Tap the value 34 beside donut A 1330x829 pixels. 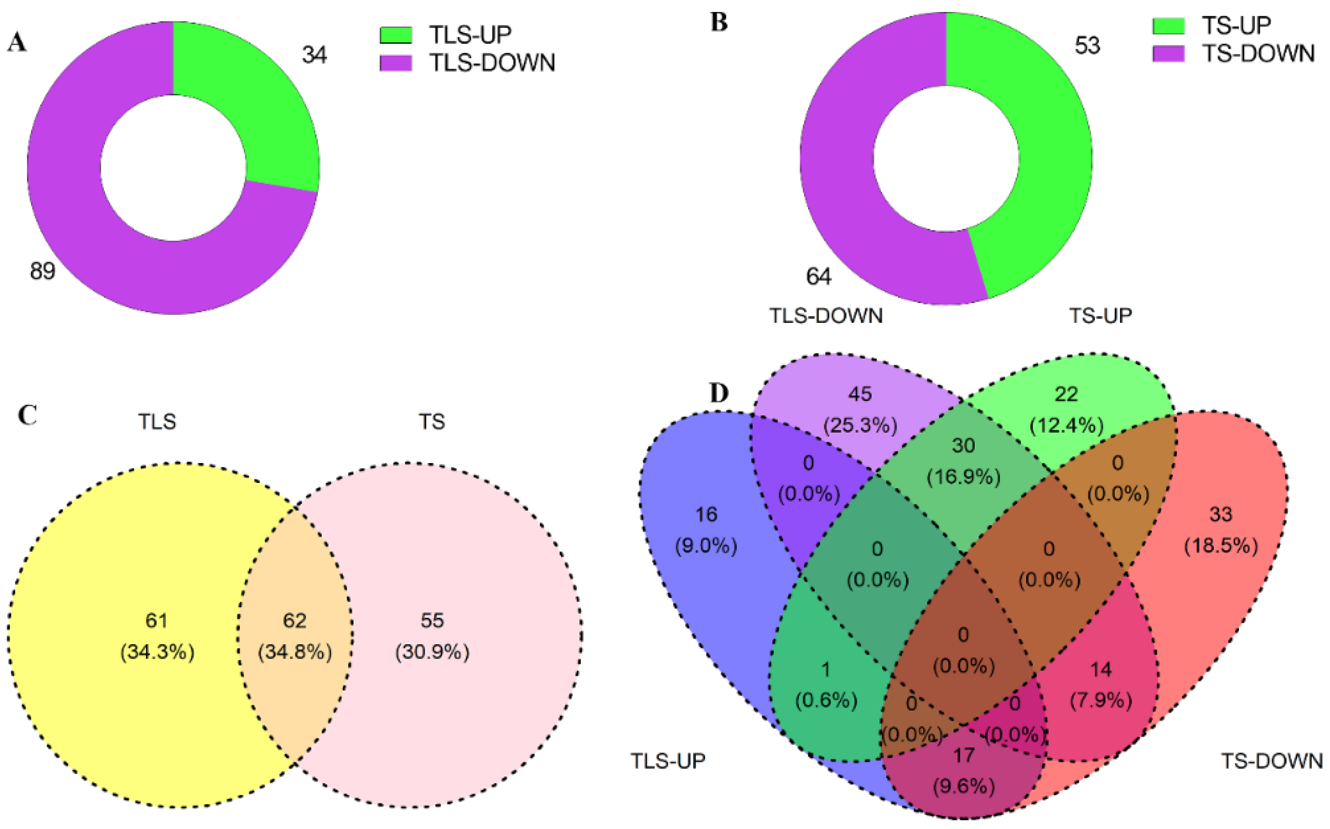pos(314,55)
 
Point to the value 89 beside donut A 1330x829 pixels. pos(42,271)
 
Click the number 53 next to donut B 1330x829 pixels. pos(1086,46)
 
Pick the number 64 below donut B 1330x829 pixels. pos(818,276)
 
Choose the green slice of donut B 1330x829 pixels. pos(1042,164)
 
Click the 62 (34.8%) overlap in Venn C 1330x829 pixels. pos(295,636)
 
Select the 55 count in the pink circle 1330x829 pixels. pos(432,621)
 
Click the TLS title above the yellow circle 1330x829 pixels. pos(157,421)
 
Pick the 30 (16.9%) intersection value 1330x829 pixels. pos(963,461)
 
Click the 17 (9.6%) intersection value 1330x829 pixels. pos(963,770)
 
